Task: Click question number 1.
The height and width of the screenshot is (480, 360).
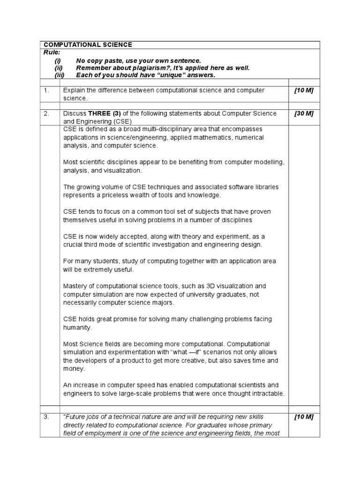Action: click(x=46, y=90)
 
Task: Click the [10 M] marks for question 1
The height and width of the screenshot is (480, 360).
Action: click(x=304, y=90)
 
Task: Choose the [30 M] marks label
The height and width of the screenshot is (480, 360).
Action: click(x=304, y=113)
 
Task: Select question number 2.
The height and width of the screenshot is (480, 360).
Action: click(x=46, y=113)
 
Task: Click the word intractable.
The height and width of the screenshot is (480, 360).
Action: click(x=267, y=393)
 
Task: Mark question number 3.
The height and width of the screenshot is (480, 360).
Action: click(x=46, y=417)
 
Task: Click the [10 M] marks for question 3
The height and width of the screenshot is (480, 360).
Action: click(x=304, y=417)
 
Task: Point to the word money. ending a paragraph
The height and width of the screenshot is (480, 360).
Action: click(x=74, y=369)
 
